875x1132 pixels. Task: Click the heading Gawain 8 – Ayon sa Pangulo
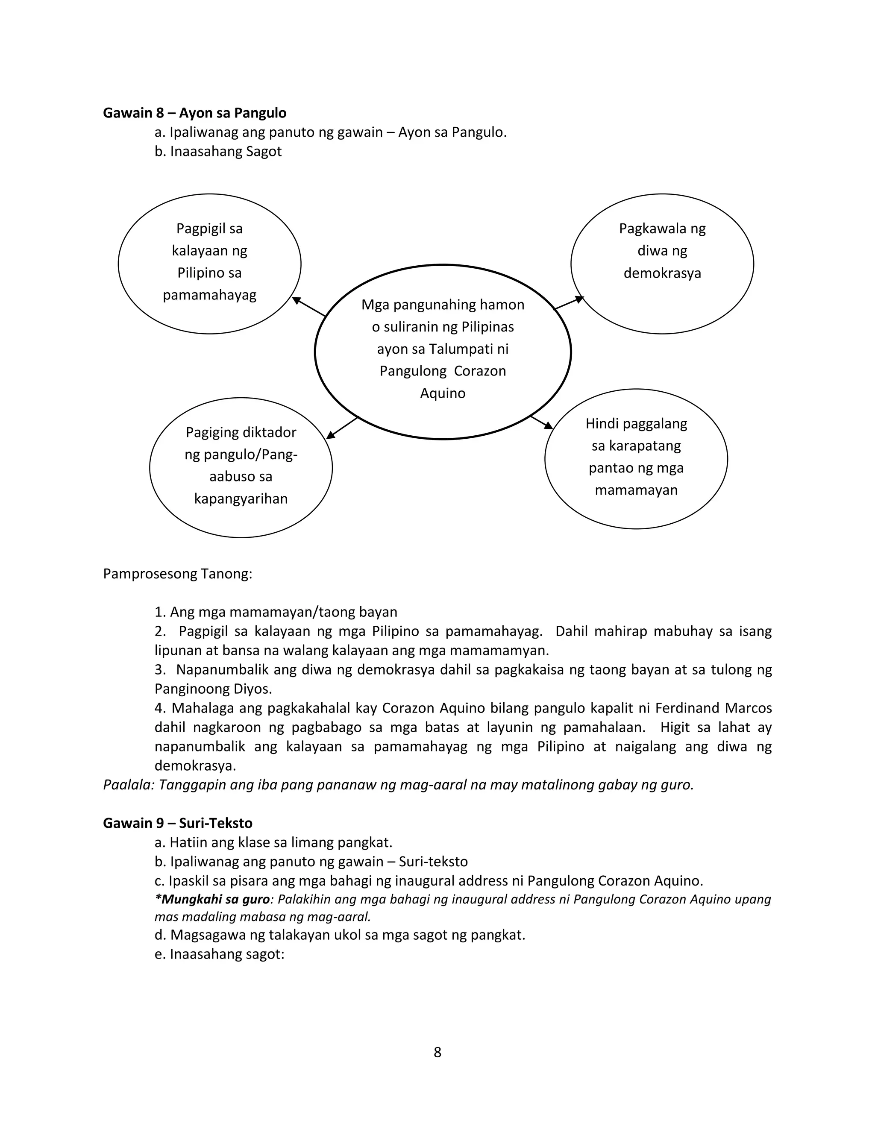[194, 113]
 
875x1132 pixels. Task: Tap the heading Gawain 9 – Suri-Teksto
[177, 823]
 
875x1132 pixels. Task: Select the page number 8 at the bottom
[437, 1052]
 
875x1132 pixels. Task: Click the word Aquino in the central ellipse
[443, 393]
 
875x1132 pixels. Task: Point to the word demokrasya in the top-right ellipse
[662, 273]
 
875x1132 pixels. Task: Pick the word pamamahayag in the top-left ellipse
[209, 296]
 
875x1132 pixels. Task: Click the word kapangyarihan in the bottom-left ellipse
[241, 499]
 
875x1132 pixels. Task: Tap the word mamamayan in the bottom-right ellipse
[636, 490]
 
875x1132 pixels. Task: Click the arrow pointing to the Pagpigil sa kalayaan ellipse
[308, 306]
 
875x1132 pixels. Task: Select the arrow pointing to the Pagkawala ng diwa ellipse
[569, 303]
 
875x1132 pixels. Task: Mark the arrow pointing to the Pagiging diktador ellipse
[342, 428]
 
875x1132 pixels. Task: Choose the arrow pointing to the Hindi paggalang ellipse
[542, 422]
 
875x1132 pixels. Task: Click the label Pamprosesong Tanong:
[177, 574]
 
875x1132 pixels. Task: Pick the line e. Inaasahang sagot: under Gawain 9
[219, 954]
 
